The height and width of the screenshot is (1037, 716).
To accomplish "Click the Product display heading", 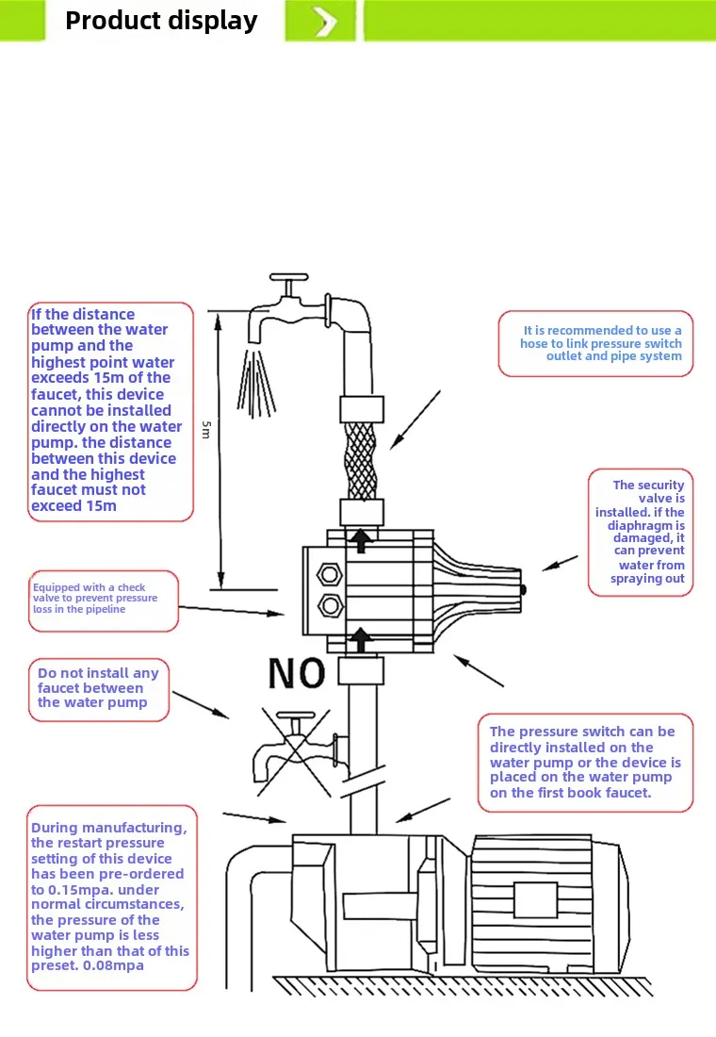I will pos(161,21).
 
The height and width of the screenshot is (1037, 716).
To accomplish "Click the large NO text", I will pos(297,673).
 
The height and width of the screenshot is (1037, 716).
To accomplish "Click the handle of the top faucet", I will pos(289,279).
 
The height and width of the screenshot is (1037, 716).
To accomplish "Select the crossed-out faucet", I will pos(295,750).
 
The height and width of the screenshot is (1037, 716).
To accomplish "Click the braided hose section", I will pos(360,461).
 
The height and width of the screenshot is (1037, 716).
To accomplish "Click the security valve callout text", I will pos(643,532).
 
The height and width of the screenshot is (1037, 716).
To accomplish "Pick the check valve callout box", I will pos(102,599).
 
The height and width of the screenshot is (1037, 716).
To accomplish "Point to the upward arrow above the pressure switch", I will pos(359,540).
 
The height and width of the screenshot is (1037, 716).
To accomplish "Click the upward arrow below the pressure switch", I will pos(359,642).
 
